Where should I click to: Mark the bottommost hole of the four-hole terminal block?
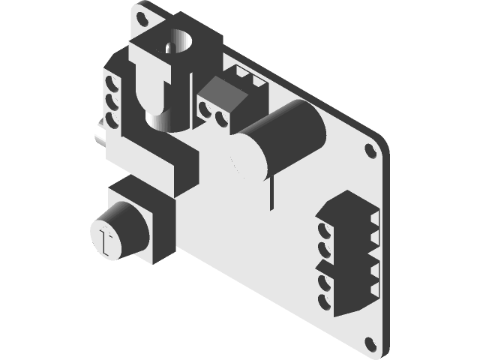coord(324,299)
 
